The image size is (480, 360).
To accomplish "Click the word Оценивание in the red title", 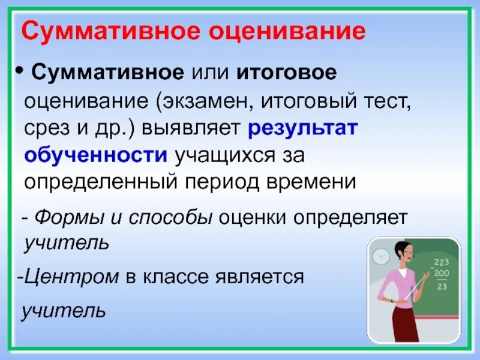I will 287,31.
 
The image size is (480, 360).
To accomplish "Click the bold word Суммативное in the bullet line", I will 107,74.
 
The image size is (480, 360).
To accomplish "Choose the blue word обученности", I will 96,155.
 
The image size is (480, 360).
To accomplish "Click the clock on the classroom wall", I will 381,256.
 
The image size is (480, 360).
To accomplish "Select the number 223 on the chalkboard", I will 442,262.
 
